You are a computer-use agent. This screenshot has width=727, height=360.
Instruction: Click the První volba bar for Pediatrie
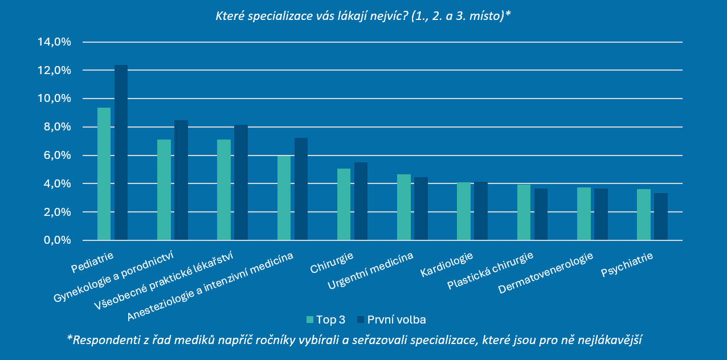121,153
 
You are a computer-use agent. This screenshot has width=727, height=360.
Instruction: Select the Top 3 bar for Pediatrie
104,174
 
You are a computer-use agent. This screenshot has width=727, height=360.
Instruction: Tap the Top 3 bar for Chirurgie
344,204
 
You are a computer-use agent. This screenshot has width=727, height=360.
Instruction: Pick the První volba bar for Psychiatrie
660,217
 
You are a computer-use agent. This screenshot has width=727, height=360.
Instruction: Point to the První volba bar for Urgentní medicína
421,209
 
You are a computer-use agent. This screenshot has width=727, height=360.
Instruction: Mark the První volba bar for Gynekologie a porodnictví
181,180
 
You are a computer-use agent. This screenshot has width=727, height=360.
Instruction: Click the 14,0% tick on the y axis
54,42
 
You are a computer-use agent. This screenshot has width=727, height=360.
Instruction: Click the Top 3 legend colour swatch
311,320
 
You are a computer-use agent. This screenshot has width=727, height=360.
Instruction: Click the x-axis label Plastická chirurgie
491,271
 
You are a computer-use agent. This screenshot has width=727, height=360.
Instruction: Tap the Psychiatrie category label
627,265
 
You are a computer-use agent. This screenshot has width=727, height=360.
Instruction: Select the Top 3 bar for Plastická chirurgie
524,212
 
